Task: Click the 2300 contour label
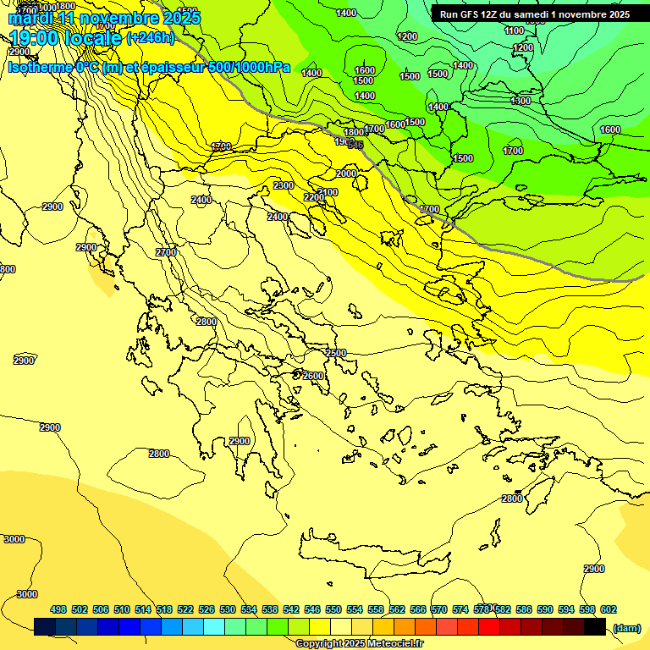coord(284,185)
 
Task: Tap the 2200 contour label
coord(313,197)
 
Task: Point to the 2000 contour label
coord(346,174)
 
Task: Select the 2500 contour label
coord(336,353)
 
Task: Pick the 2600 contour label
coord(313,376)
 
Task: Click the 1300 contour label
coord(521,102)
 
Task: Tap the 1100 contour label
coord(514,30)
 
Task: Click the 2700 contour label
coord(166,252)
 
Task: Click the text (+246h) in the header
coord(150,37)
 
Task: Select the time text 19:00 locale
coord(66,38)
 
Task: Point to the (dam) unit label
coord(626,627)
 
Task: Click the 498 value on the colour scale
coord(58,609)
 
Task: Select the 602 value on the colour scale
coord(609,609)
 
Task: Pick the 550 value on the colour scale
coord(333,609)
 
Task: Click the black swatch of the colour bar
coord(595,626)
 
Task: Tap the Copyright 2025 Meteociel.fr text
coord(359,644)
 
